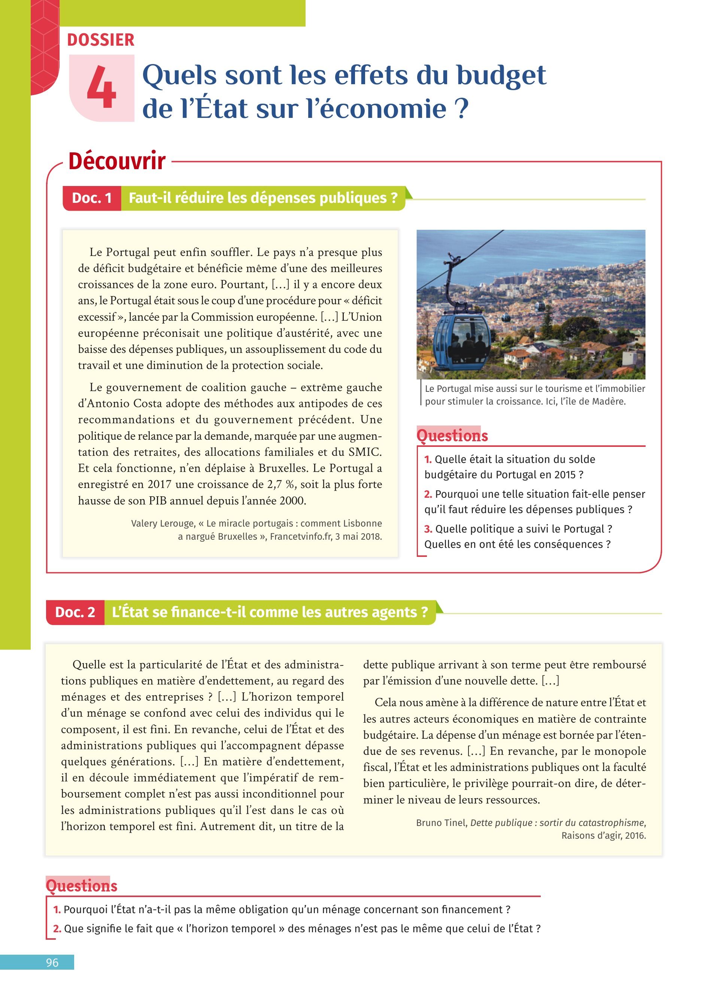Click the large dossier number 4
coord(101,88)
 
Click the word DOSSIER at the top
coord(100,40)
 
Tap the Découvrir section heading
coord(116,161)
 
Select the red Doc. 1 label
coord(92,198)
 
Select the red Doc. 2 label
coord(75,612)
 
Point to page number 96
coord(52,963)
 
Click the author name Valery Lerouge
coord(162,523)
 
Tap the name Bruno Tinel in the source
coord(442,823)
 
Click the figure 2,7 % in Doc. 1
coord(277,484)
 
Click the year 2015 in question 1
coord(565,475)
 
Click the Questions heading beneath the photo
coord(452,436)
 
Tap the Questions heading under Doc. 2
coord(82,886)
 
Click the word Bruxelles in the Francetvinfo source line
coord(238,536)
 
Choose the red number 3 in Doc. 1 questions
coord(428,529)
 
